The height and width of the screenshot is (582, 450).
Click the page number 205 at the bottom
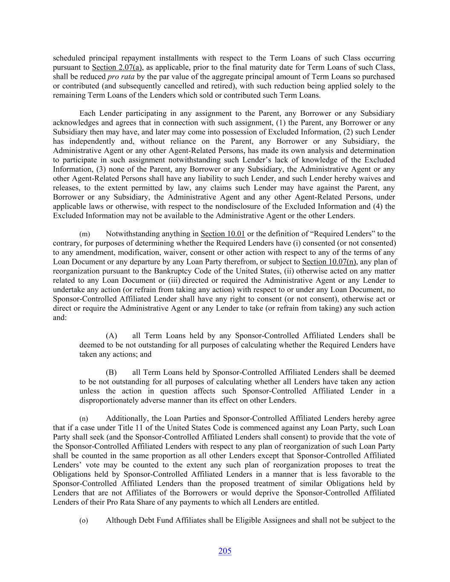click(x=225, y=551)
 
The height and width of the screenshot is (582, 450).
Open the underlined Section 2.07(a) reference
click(x=116, y=67)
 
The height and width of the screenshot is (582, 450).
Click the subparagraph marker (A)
click(x=111, y=336)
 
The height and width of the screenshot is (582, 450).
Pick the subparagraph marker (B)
click(x=111, y=372)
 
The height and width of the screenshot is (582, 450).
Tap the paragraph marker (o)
click(x=84, y=521)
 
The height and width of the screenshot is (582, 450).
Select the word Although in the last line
click(x=120, y=520)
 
